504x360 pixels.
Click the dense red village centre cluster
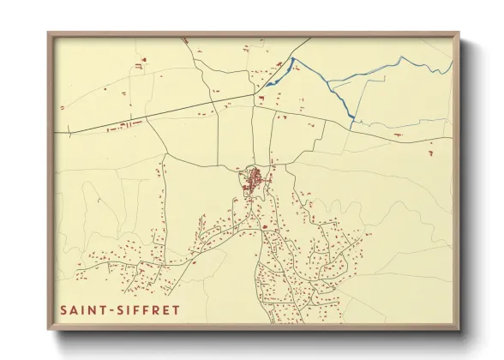point(254,182)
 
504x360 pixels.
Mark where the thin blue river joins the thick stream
point(329,83)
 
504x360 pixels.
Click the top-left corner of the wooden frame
point(49,33)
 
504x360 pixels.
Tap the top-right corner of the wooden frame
point(458,33)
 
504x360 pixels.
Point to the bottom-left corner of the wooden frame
point(49,328)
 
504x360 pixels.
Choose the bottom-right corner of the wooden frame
point(458,328)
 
